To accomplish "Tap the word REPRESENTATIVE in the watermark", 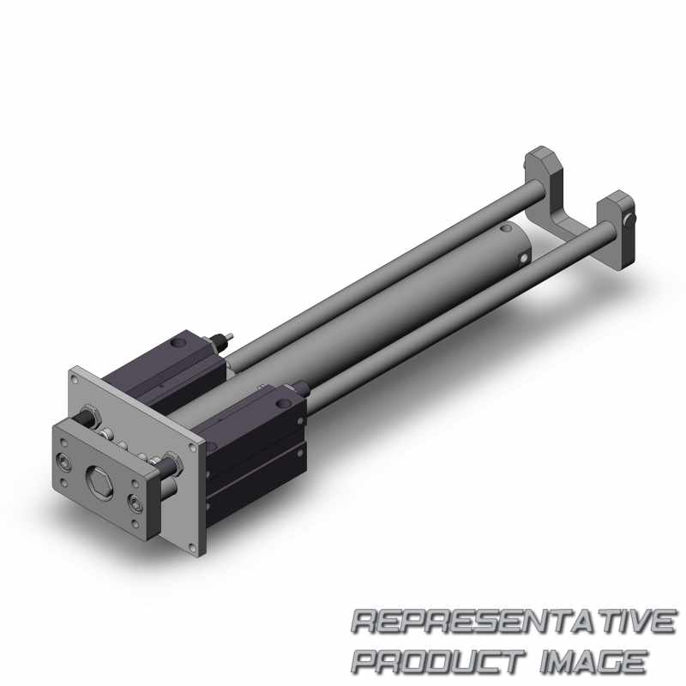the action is tap(514, 621).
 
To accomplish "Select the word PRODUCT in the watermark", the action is tap(438, 661).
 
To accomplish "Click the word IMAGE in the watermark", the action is tap(593, 661).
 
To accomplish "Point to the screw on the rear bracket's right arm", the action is tap(630, 219).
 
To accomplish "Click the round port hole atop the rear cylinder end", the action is tap(505, 228).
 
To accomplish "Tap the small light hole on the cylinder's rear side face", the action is tap(524, 259).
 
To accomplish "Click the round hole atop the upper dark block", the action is tap(178, 344).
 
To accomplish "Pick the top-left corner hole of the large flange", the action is tap(75, 380).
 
